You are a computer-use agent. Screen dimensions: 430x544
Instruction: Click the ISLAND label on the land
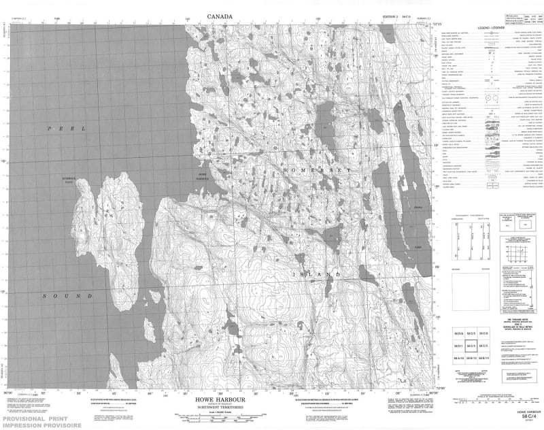coord(317,274)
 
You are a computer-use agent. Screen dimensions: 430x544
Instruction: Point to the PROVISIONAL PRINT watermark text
coord(41,418)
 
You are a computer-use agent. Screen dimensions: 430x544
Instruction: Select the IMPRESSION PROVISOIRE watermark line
coord(41,425)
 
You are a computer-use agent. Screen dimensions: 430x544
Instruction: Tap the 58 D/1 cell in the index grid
coord(458,346)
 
